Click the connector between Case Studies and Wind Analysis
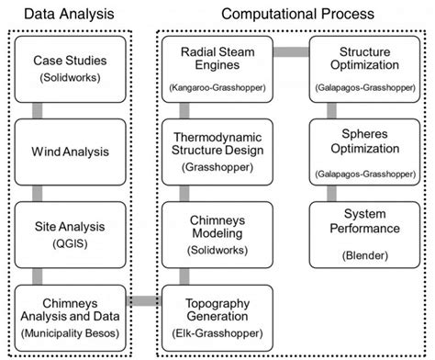click(38, 110)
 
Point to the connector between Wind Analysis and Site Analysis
click(38, 192)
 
